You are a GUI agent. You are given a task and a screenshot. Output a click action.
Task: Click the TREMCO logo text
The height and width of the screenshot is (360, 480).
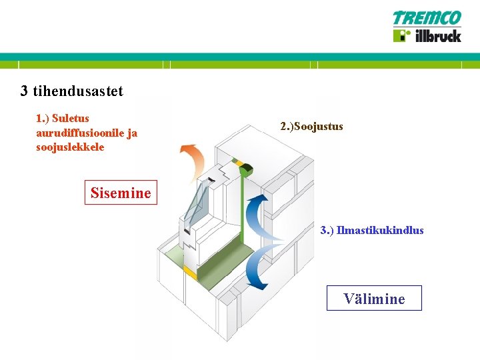(x=427, y=18)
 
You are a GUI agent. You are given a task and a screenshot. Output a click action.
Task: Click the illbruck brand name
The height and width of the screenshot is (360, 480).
(x=437, y=35)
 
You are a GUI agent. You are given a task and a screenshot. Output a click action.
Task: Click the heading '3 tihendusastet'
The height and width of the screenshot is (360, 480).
(x=71, y=91)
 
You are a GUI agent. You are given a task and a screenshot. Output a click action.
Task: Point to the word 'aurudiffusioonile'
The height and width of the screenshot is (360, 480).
(x=79, y=133)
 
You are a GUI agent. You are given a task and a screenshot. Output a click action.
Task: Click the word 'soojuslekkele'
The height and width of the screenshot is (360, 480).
(x=70, y=147)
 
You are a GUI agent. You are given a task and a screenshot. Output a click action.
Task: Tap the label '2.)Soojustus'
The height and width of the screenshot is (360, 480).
(x=311, y=126)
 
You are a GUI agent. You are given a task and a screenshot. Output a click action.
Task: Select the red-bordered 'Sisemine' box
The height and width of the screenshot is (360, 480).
(x=121, y=193)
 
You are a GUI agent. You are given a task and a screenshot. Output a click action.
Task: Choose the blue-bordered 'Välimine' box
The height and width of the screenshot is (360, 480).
(x=374, y=298)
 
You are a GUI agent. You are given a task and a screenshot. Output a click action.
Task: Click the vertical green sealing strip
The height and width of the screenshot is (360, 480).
(x=245, y=213)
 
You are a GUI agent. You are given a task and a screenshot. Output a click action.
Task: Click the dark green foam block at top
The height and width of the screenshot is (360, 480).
(x=242, y=169)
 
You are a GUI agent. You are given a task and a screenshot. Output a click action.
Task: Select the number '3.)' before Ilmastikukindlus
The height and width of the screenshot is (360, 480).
(x=327, y=231)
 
